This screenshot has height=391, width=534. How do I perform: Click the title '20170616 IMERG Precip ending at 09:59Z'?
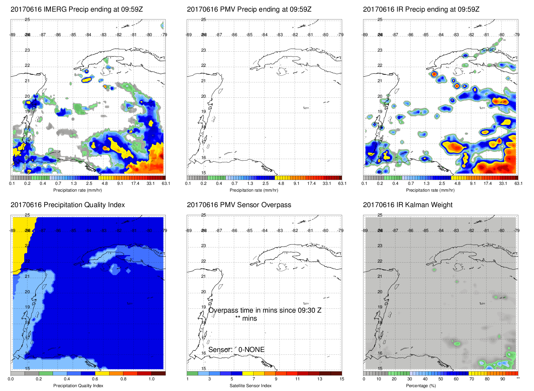click(77, 9)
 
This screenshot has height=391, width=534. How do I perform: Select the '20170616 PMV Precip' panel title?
click(249, 9)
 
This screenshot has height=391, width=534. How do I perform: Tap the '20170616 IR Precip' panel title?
click(421, 9)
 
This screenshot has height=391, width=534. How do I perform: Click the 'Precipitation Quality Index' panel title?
click(68, 205)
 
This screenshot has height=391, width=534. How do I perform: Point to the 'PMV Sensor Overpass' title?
click(239, 205)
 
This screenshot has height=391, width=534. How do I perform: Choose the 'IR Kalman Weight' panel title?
click(408, 205)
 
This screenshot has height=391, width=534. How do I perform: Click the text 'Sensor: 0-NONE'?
click(236, 350)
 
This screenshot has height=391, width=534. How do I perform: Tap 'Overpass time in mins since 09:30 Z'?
click(265, 310)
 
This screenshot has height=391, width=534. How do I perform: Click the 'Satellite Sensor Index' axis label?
click(250, 386)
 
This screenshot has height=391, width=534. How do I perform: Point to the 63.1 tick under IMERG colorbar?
click(166, 184)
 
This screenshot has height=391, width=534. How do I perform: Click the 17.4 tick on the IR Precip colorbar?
click(487, 184)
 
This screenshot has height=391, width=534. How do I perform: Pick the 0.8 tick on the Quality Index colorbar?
click(123, 379)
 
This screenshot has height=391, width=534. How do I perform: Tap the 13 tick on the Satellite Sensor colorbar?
click(319, 379)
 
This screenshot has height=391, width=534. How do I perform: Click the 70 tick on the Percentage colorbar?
click(471, 379)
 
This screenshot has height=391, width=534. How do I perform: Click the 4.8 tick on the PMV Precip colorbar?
click(281, 184)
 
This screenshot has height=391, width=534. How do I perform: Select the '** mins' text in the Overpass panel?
click(246, 318)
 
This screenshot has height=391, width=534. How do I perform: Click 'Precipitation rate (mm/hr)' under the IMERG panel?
click(78, 190)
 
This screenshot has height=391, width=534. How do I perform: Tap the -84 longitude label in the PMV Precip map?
click(265, 35)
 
